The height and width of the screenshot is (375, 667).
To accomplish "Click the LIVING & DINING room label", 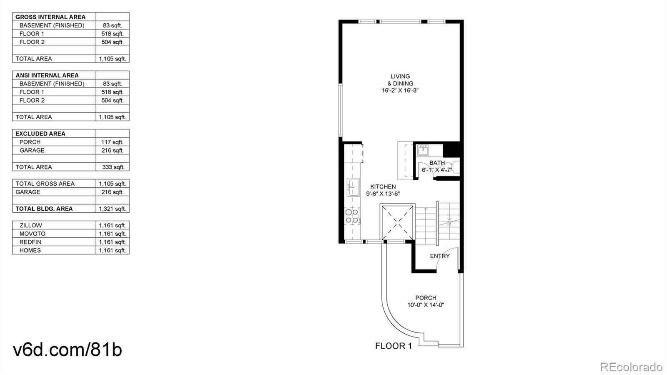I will (x=400, y=80).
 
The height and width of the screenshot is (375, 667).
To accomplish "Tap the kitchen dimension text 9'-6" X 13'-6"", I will (x=383, y=194).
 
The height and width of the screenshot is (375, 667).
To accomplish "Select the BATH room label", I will (x=437, y=163).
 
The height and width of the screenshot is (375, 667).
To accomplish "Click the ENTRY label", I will (x=440, y=256).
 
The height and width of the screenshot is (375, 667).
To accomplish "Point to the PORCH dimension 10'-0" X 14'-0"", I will (x=426, y=305).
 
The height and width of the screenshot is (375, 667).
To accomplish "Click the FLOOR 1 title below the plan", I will (x=393, y=346).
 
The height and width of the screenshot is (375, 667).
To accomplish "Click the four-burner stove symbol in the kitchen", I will (x=352, y=216).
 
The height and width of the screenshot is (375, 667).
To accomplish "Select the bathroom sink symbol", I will (x=423, y=150).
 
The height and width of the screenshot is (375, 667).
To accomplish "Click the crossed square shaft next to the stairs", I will (x=398, y=222).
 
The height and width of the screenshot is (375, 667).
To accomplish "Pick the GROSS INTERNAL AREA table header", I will (x=50, y=17).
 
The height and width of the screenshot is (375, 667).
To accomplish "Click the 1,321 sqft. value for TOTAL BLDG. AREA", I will (x=112, y=209).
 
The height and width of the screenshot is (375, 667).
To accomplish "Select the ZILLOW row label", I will (x=31, y=225).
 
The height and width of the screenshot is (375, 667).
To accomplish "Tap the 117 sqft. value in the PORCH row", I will (x=112, y=142).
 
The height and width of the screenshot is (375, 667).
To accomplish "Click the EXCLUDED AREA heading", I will (x=40, y=133).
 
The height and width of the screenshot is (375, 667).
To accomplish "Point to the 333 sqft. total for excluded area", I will (x=113, y=167).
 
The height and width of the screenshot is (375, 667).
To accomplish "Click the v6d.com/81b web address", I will (x=68, y=350).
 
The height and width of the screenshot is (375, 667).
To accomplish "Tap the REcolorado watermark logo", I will (x=631, y=367).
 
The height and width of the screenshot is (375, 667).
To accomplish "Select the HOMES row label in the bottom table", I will (x=30, y=250).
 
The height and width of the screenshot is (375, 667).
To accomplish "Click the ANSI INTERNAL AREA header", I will (x=47, y=76).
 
